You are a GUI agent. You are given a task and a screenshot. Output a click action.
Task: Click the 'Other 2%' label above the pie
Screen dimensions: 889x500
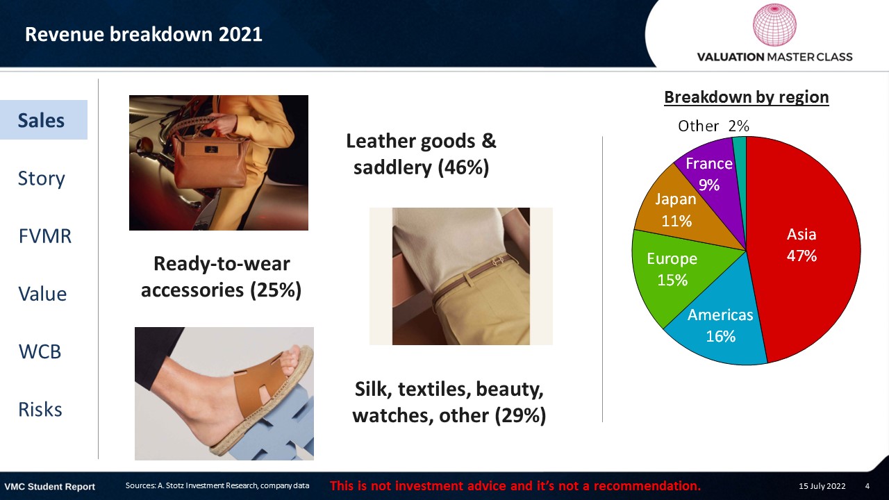713,126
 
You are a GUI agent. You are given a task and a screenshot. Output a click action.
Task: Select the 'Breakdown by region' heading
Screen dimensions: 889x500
747,97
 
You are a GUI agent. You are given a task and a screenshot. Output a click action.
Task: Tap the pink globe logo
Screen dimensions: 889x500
774,24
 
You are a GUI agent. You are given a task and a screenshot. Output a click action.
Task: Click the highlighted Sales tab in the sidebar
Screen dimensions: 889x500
44,120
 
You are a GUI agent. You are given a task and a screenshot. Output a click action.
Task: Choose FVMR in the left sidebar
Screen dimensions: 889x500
45,236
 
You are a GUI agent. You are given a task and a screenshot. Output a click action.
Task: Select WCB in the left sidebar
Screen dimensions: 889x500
40,351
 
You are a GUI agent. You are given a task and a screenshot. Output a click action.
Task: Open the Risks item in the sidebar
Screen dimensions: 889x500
40,410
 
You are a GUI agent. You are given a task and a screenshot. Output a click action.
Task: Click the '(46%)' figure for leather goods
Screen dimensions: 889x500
463,168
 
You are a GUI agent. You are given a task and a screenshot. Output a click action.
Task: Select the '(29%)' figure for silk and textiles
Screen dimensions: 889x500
520,416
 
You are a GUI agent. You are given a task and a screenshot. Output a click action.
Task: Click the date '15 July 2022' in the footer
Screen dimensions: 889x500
822,486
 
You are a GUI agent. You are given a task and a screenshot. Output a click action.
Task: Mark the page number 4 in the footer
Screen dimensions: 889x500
867,486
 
